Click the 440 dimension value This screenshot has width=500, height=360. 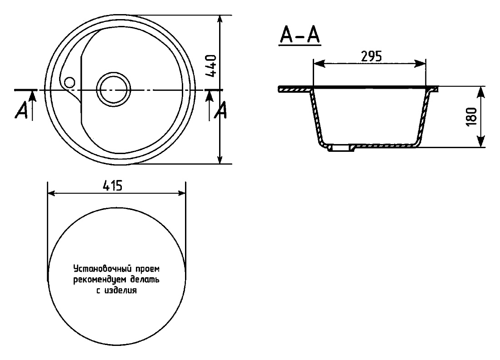pos(211,66)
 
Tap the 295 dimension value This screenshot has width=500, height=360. pos(371,56)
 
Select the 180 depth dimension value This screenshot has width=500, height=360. pos(471,117)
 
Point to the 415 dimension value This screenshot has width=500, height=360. pos(113,185)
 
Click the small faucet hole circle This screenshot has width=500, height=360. pos(70,83)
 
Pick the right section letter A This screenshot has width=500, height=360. pos(220,110)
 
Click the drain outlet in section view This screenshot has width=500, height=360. pos(341,148)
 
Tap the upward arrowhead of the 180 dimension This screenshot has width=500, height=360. pos(480,92)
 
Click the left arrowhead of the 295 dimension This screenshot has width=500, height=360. pos(319,64)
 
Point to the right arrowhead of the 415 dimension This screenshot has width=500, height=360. pos(181,193)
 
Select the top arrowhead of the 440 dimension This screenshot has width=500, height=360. pos(220,20)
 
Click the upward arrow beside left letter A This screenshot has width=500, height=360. pos(33,105)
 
